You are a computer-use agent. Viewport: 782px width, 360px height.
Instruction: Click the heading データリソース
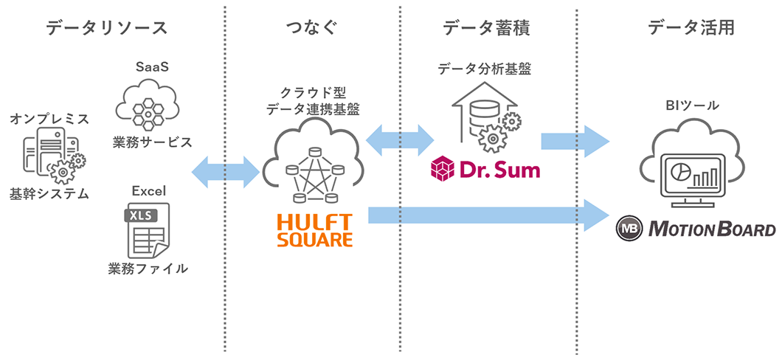[x=107, y=28]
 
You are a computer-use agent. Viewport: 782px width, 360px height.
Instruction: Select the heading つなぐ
[x=311, y=28]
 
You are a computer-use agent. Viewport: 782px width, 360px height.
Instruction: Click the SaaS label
[x=152, y=66]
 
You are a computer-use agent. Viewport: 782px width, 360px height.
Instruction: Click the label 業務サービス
[x=151, y=141]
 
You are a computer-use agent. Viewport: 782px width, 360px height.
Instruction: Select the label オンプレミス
[x=49, y=119]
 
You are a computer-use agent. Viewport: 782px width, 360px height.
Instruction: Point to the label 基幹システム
[x=49, y=195]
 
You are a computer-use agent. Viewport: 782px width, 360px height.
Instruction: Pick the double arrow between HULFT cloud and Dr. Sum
[x=399, y=139]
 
